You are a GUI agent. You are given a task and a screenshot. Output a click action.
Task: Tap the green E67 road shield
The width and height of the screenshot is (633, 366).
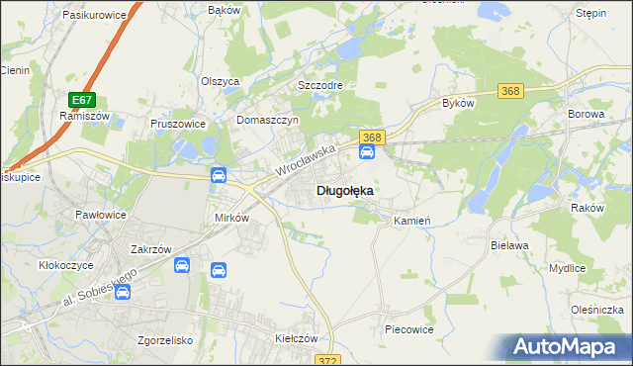tap(82, 100)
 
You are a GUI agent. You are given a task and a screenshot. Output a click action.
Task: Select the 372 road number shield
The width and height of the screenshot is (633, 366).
tap(328, 360)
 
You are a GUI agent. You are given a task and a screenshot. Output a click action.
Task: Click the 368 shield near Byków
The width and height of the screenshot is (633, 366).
tap(510, 91)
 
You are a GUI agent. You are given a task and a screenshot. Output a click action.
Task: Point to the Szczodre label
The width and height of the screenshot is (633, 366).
tap(320, 85)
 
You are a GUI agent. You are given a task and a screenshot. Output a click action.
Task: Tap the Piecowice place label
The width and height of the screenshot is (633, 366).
tap(409, 329)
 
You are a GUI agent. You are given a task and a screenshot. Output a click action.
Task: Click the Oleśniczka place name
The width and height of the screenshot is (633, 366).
tap(596, 310)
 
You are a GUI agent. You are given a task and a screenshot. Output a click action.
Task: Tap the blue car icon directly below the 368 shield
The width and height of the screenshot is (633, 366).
tap(367, 152)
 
